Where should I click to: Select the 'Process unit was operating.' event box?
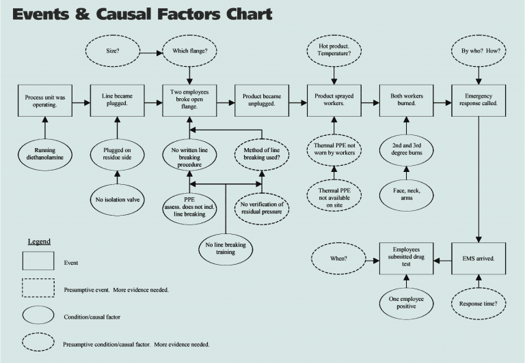click(x=45, y=102)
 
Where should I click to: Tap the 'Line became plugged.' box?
click(x=117, y=102)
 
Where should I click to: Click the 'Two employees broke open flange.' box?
click(x=189, y=102)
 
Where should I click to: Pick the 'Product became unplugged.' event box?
click(x=262, y=102)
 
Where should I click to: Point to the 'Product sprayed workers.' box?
click(x=334, y=102)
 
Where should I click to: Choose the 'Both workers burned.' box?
click(x=406, y=102)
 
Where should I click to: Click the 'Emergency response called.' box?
click(x=479, y=102)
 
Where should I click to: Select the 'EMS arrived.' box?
click(x=479, y=259)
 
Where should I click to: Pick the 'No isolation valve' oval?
click(x=117, y=199)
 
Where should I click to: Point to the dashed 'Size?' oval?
click(x=113, y=50)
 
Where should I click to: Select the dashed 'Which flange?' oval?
click(x=189, y=50)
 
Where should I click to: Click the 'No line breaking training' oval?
click(x=226, y=248)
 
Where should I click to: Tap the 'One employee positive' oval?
click(x=406, y=302)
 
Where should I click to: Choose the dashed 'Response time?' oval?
click(x=479, y=302)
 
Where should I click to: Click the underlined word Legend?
click(x=39, y=242)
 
